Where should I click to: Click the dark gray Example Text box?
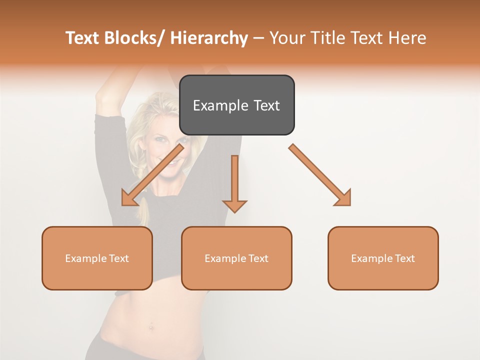tap(236, 105)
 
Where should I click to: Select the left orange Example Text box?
tap(97, 258)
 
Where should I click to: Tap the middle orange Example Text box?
tap(236, 258)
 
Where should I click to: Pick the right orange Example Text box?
tap(383, 258)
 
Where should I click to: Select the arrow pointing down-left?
tap(152, 175)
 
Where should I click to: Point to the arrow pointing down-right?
tap(320, 175)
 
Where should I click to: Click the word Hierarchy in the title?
tap(209, 38)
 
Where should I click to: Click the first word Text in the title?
tap(82, 38)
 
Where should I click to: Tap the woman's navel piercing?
tap(149, 327)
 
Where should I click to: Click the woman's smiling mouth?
tap(170, 163)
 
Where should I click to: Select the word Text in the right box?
tap(404, 258)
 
